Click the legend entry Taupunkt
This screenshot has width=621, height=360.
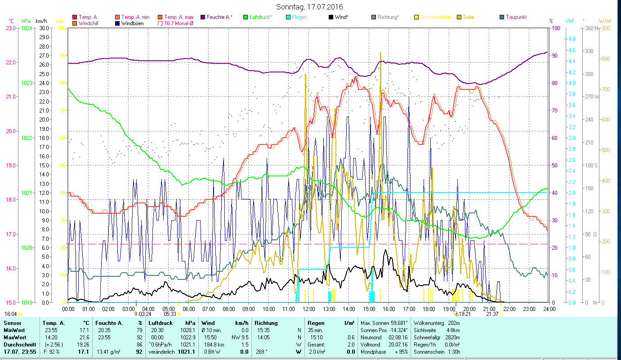(x=516, y=17)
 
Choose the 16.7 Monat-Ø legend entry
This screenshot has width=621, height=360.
(x=179, y=23)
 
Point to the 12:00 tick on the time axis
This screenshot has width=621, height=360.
(x=309, y=309)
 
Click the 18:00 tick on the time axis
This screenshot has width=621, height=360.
(x=429, y=309)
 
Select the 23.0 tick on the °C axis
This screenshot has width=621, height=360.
(x=10, y=28)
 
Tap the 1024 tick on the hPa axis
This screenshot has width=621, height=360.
(x=27, y=28)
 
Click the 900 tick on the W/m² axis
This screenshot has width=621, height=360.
(x=605, y=28)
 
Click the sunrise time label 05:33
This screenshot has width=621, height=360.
(x=170, y=314)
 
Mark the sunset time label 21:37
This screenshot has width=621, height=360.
(x=492, y=314)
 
